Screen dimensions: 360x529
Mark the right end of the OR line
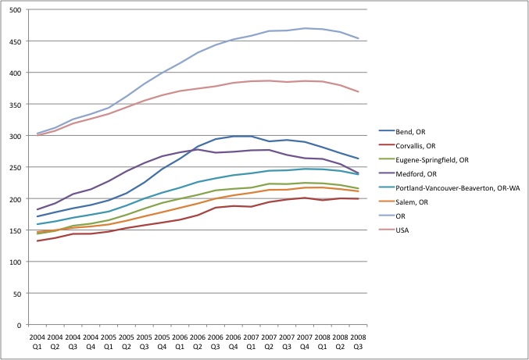point(359,38)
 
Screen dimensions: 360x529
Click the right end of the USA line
point(359,91)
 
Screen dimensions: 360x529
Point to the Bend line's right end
point(359,159)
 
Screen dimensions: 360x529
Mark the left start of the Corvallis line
point(38,241)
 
